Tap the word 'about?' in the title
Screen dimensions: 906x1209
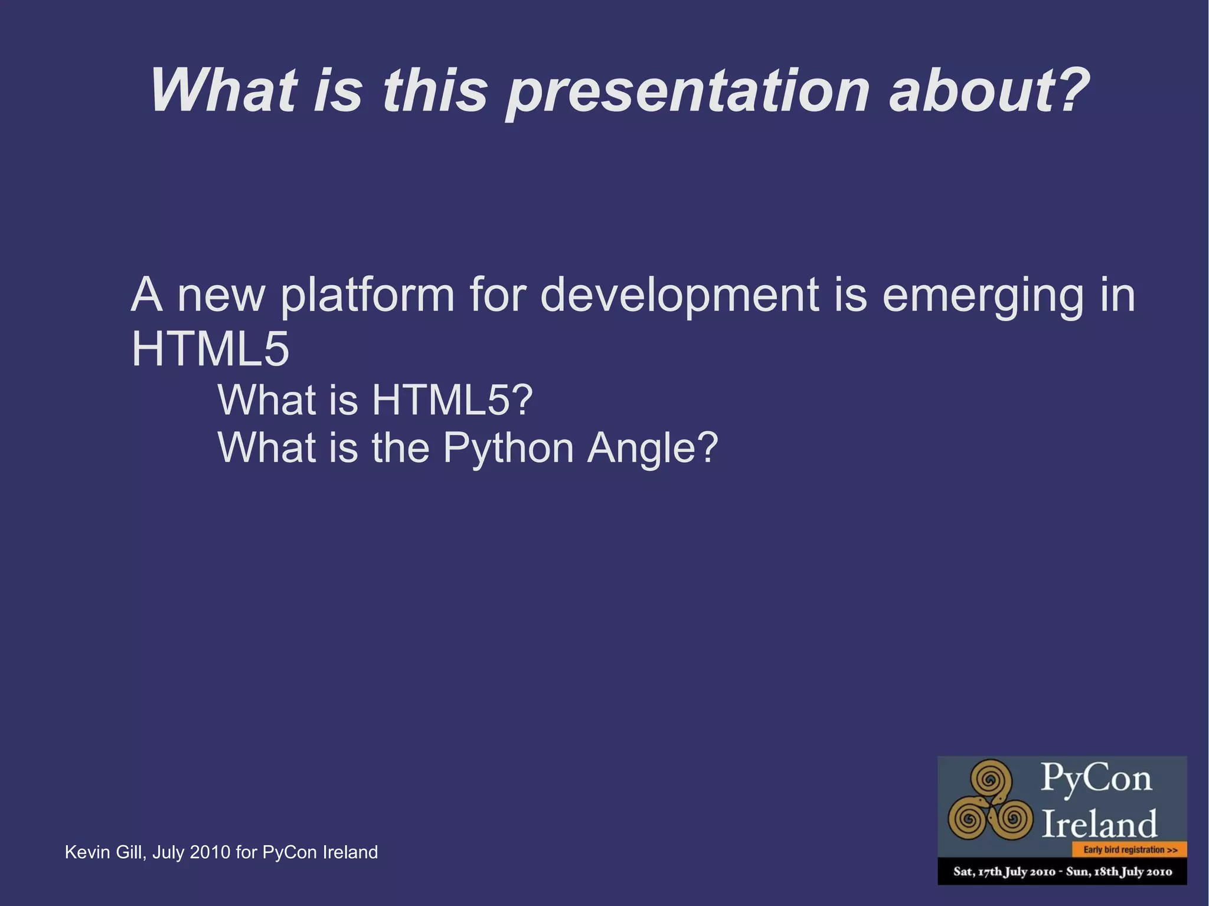[989, 90]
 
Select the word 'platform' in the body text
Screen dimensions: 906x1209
[367, 295]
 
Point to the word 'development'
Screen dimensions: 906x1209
[679, 295]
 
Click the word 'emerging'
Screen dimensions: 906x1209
[982, 296]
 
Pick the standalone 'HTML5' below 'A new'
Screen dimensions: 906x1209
[210, 349]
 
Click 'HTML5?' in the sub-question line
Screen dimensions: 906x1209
[452, 400]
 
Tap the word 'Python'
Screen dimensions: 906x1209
[508, 448]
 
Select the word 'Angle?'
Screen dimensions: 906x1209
[652, 448]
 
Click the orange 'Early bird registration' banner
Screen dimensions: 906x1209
[1129, 850]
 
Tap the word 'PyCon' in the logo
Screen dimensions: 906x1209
[1096, 778]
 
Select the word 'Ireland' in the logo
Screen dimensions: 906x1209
[1099, 824]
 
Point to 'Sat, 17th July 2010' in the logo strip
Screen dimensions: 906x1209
[1004, 872]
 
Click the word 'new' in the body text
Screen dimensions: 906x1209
[221, 296]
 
